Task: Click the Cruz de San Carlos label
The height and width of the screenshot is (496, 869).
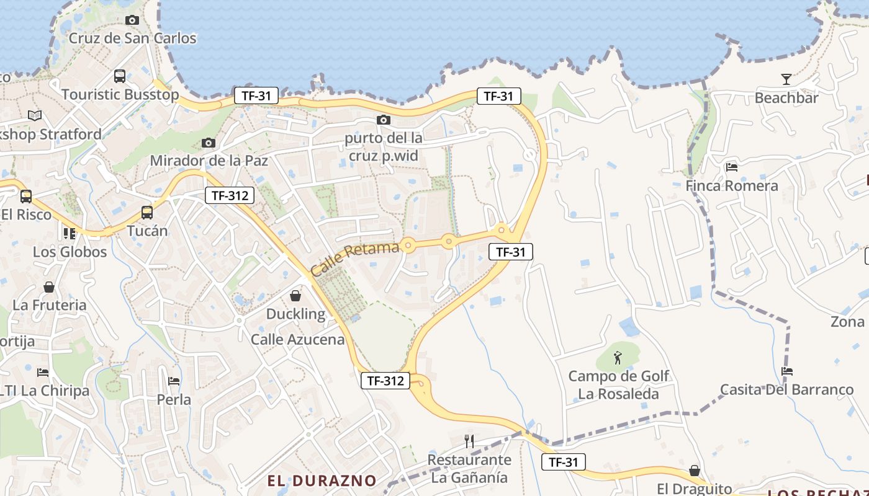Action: tap(132, 38)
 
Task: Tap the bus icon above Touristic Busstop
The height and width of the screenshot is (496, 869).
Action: tap(120, 76)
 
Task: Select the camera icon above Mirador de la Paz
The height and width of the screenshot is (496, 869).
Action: tap(209, 143)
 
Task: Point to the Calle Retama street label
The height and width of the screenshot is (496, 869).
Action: tap(354, 259)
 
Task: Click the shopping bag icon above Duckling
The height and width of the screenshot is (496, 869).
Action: tap(296, 296)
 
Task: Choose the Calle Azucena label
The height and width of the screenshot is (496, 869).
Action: tap(297, 339)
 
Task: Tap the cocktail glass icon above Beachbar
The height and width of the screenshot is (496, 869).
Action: tap(786, 79)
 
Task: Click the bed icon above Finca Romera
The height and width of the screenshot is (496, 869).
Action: tap(732, 167)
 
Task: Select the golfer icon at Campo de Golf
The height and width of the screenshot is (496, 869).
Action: tap(618, 358)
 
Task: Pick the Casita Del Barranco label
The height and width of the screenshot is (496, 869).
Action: tap(786, 390)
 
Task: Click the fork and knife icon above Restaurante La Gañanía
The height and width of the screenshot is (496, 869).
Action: tap(469, 441)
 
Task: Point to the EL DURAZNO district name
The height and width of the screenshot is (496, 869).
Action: tap(322, 480)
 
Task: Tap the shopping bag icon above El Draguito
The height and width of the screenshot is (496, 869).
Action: tap(695, 471)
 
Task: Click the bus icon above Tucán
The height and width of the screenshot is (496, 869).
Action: tap(147, 213)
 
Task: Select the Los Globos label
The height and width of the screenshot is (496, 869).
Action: tap(70, 252)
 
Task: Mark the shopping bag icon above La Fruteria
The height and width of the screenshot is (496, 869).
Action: tap(49, 287)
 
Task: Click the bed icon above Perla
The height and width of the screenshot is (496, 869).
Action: tap(174, 381)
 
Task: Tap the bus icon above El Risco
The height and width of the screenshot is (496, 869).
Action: tap(26, 197)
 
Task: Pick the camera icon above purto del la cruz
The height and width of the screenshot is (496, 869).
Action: tap(384, 120)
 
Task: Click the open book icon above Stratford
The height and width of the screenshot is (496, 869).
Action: tap(35, 116)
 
